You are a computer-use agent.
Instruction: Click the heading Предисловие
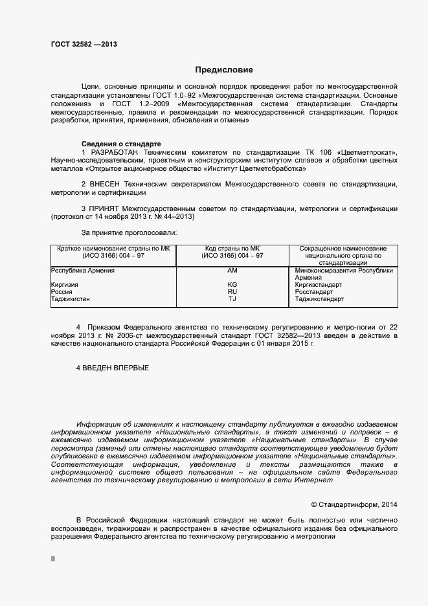coord(224,69)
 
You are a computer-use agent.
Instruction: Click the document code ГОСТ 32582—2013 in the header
coord(84,45)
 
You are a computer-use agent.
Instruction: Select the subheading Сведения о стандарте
coord(120,143)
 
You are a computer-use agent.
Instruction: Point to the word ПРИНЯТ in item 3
coord(106,209)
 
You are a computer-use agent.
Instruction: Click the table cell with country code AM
coord(232,271)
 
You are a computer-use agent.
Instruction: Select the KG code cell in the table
coord(232,285)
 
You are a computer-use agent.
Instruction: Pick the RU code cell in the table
coord(232,292)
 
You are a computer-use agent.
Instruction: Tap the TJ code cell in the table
coord(232,299)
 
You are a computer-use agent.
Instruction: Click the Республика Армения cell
coord(82,271)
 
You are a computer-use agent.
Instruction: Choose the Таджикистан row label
coord(71,299)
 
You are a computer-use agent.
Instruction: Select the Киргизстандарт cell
coord(319,285)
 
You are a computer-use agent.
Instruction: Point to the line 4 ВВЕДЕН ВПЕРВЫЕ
coord(113,368)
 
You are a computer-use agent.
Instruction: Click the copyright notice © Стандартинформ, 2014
coord(354,504)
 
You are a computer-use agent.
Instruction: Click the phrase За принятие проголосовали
coord(129,232)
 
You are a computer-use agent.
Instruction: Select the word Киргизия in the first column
coord(65,285)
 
